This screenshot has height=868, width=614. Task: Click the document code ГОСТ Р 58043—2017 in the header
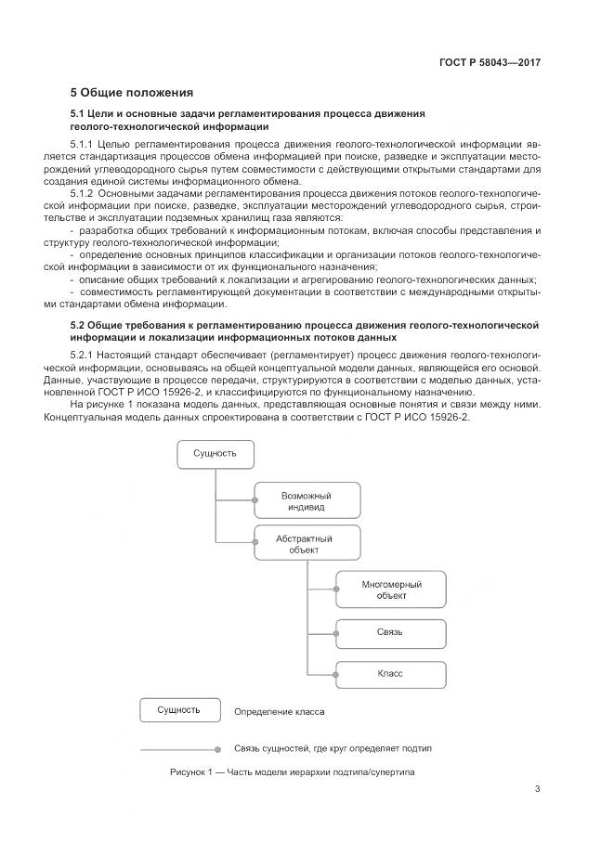click(x=490, y=62)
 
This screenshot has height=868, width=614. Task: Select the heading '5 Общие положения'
click(x=132, y=93)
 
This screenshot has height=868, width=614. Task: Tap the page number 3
click(x=537, y=789)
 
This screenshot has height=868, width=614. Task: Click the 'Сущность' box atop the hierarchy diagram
click(x=215, y=454)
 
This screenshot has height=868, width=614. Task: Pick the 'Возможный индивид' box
click(x=307, y=500)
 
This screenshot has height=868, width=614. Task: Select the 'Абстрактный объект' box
click(x=307, y=543)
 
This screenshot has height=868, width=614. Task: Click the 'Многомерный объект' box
click(x=391, y=589)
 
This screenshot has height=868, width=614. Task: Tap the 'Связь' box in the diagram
click(x=391, y=633)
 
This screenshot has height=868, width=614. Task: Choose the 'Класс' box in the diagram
click(x=391, y=674)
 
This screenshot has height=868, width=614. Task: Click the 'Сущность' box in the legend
click(x=180, y=709)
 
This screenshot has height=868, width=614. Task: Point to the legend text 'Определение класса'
click(x=279, y=712)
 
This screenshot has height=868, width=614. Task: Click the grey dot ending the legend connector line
click(x=217, y=749)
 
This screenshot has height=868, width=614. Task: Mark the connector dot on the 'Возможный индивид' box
click(x=255, y=500)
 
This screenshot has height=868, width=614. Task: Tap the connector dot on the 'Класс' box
click(x=336, y=674)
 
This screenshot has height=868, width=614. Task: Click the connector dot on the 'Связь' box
click(x=336, y=633)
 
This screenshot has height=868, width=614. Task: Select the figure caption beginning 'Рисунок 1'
click(x=293, y=771)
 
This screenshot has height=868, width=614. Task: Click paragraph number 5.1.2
click(x=82, y=194)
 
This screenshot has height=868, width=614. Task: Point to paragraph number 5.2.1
click(x=82, y=355)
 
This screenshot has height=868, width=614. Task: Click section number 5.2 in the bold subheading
click(x=77, y=325)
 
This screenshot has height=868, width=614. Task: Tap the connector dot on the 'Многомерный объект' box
click(x=336, y=589)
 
